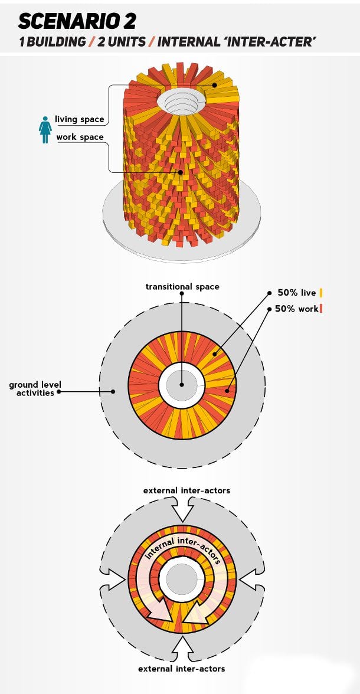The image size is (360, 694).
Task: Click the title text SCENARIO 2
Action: point(77,21)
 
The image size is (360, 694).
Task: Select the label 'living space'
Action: point(79,119)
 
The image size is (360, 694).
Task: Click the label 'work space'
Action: point(80,137)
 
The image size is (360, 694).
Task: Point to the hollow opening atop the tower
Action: point(181,100)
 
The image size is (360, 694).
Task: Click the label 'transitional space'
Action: point(182,287)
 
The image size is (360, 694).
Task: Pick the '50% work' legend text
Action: point(297,309)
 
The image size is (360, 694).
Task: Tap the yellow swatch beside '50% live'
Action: point(321,293)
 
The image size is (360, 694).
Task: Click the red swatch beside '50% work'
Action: point(321,309)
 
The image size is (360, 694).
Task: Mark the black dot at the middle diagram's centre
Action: point(182,385)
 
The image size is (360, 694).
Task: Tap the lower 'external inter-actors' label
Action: point(181,669)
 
